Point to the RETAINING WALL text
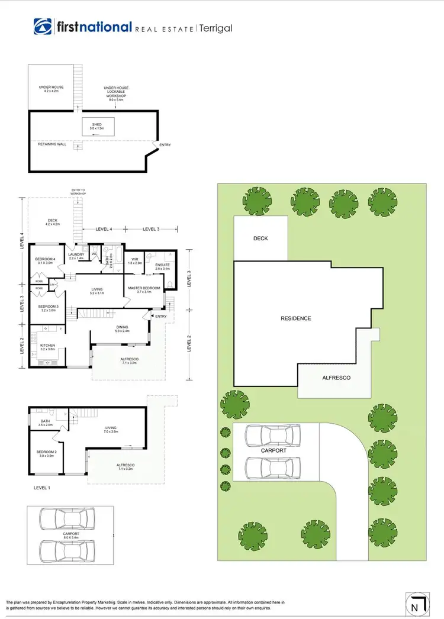(47, 143)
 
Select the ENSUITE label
(162, 266)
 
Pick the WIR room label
(135, 260)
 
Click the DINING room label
(123, 327)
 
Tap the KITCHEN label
(47, 347)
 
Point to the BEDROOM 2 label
(46, 453)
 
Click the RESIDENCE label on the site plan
(295, 318)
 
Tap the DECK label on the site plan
(260, 238)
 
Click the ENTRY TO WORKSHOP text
(79, 192)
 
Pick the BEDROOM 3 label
(47, 308)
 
